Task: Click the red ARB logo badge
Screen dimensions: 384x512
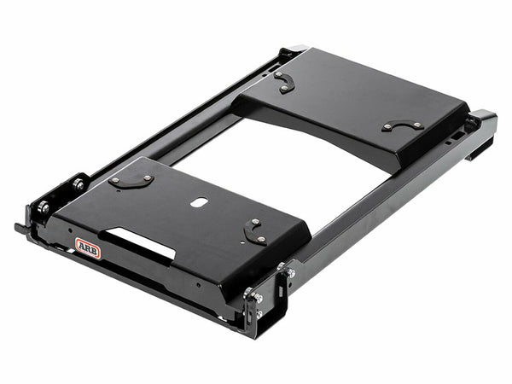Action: click(x=88, y=248)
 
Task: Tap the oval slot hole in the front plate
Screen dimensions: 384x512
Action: click(x=198, y=202)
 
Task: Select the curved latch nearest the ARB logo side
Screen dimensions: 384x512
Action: click(x=131, y=181)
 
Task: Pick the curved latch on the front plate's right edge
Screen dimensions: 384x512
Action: click(x=254, y=231)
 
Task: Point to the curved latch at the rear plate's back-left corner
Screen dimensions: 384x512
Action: click(x=284, y=81)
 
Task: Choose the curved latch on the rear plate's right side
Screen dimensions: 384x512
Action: click(x=403, y=125)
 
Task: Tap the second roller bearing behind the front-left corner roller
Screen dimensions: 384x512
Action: click(x=78, y=184)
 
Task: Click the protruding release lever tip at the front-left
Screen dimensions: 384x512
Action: click(x=19, y=228)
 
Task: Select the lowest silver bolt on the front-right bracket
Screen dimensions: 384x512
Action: click(x=259, y=314)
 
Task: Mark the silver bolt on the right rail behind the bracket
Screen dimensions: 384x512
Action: click(x=291, y=273)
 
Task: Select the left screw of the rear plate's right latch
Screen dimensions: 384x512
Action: click(x=388, y=128)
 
